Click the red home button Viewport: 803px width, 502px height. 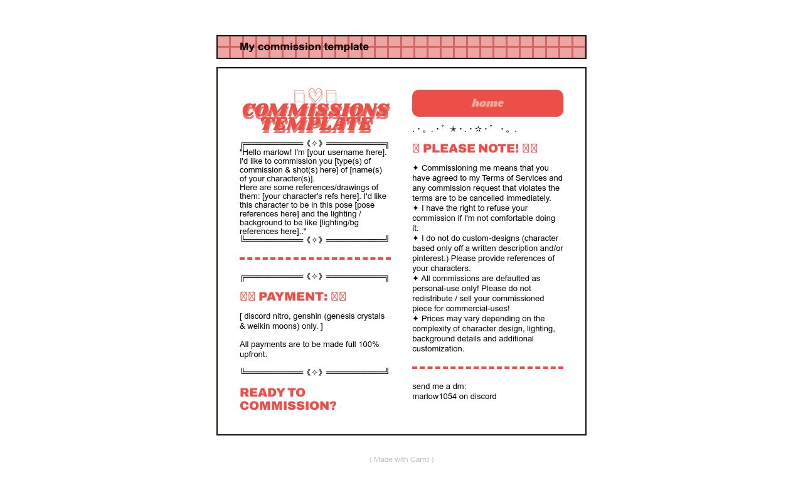(487, 103)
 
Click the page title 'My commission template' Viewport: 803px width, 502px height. (304, 47)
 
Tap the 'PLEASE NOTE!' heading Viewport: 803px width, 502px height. (475, 149)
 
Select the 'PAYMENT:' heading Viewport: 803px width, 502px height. (293, 297)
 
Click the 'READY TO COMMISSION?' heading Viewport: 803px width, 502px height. (288, 399)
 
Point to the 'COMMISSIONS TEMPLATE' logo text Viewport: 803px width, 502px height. (316, 117)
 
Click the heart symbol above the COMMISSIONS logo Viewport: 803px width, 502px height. (316, 96)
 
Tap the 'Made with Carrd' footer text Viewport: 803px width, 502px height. (401, 459)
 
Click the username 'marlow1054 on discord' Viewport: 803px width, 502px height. (454, 397)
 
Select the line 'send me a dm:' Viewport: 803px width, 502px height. (439, 387)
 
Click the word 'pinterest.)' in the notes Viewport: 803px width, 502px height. (432, 259)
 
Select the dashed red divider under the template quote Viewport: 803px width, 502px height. (315, 259)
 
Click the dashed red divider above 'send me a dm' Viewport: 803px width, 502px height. (487, 368)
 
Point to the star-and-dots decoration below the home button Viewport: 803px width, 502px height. (464, 129)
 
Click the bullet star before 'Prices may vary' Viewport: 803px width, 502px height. (415, 319)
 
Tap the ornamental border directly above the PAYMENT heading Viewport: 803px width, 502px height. (315, 277)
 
